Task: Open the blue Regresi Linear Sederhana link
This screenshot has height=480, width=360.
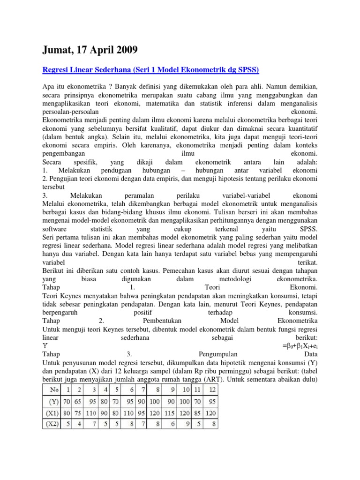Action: point(150,70)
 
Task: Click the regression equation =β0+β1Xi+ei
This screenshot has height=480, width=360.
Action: point(300,346)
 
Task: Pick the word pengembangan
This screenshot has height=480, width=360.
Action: point(64,153)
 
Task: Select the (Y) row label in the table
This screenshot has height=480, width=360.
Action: point(53,402)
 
